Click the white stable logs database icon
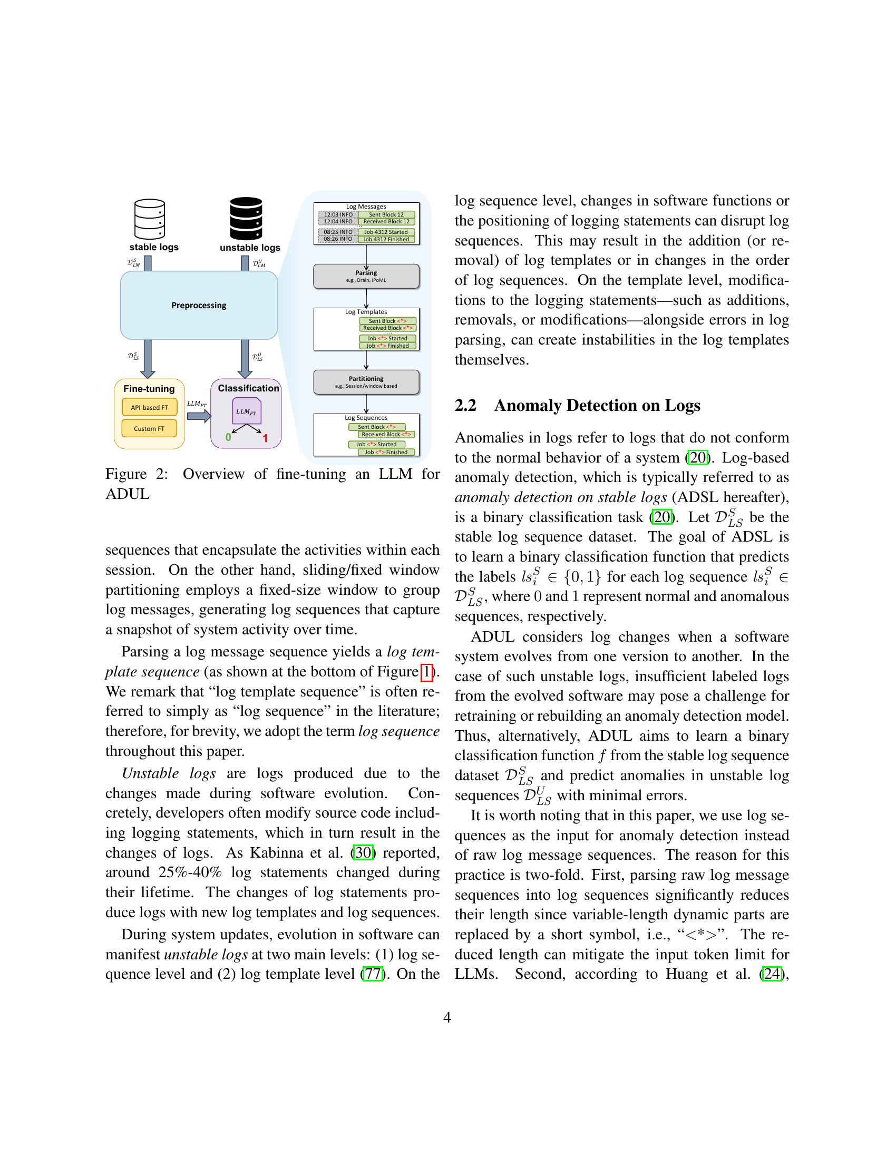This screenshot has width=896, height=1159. tap(150, 219)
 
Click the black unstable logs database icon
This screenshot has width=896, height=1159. tap(246, 219)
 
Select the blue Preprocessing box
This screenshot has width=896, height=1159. tap(199, 305)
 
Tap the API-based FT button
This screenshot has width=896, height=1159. tap(149, 408)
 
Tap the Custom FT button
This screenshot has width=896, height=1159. tap(149, 428)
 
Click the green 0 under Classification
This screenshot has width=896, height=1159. tap(228, 437)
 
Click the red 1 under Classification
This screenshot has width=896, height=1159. tap(265, 438)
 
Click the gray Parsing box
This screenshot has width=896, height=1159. tap(366, 276)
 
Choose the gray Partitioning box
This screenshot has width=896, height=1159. tap(366, 381)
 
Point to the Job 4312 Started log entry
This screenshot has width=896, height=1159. tap(386, 232)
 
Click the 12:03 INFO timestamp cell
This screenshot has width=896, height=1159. tap(338, 214)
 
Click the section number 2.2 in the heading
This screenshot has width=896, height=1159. tap(465, 406)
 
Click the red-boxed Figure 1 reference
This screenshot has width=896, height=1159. tap(426, 672)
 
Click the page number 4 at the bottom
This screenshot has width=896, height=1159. tap(447, 1017)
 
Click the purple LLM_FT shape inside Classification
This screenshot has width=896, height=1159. tap(246, 411)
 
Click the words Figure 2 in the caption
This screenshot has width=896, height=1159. tap(137, 474)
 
